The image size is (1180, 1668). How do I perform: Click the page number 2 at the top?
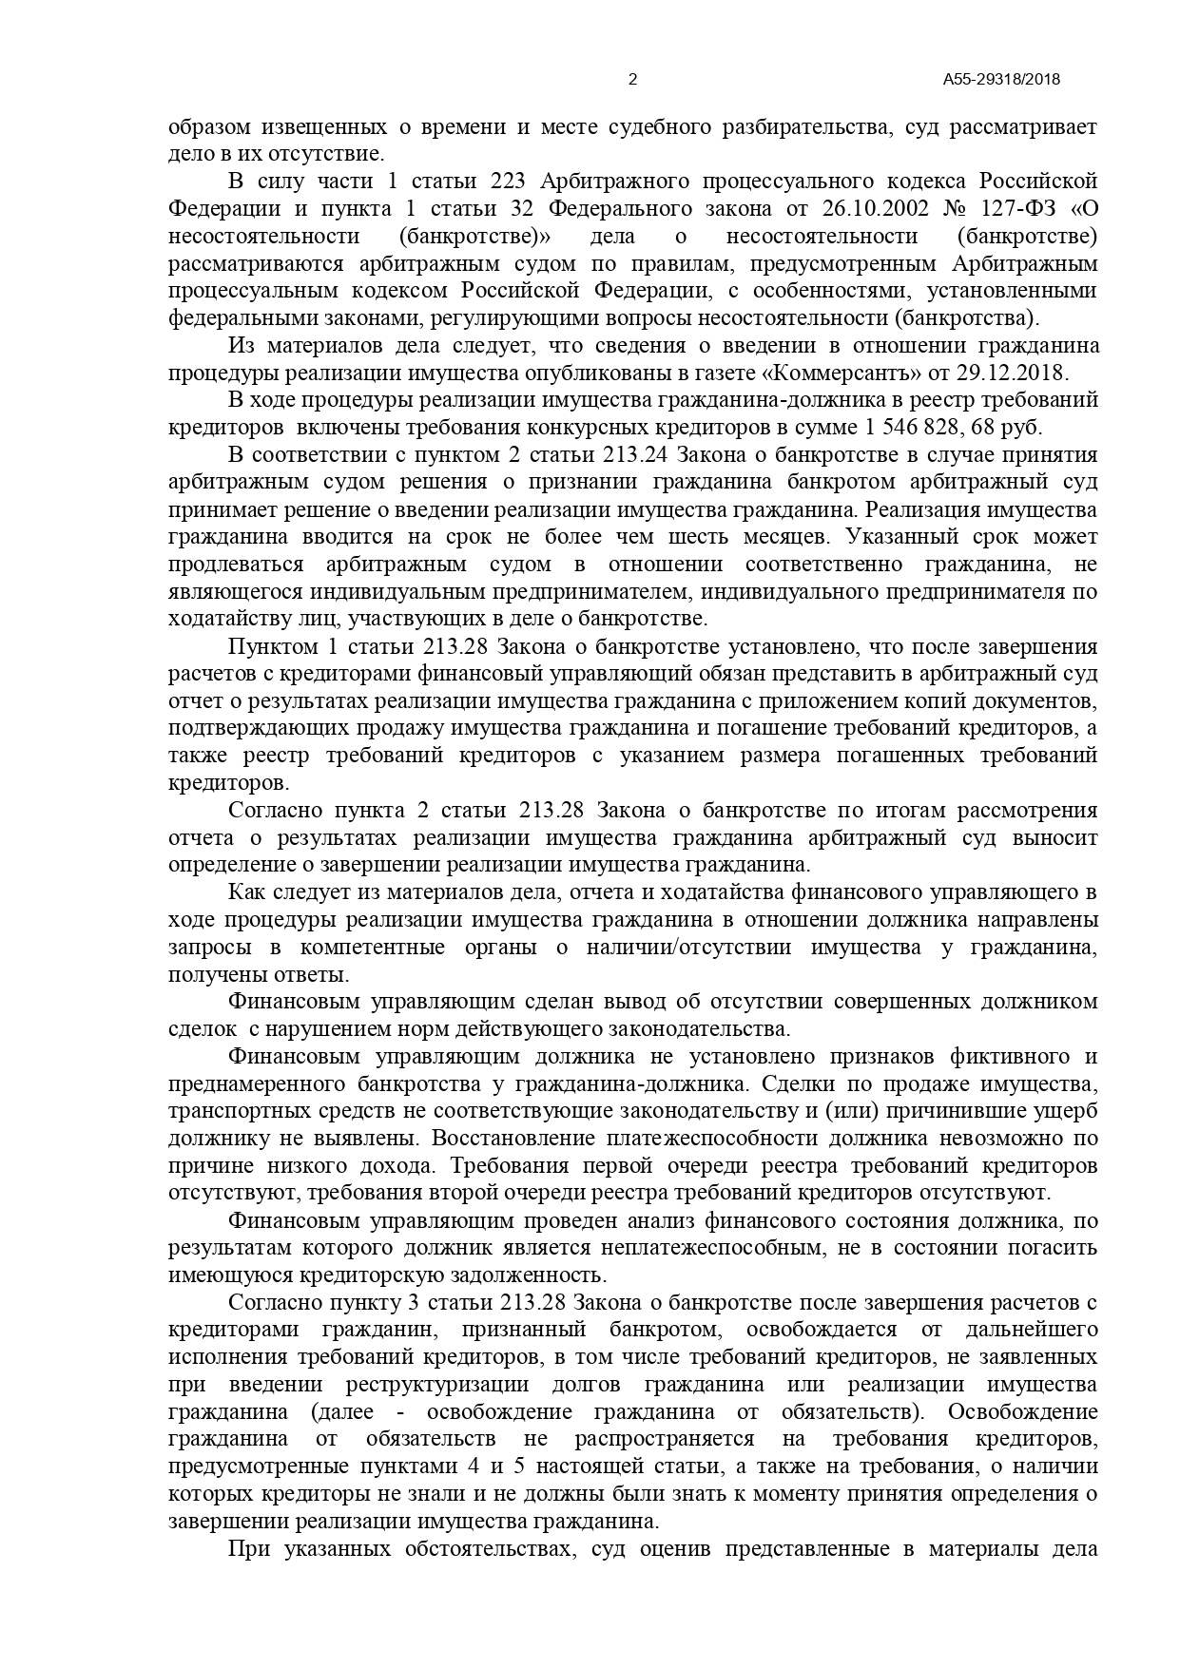pyautogui.click(x=633, y=80)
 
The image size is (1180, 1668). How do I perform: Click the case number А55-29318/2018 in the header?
pyautogui.click(x=1001, y=80)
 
